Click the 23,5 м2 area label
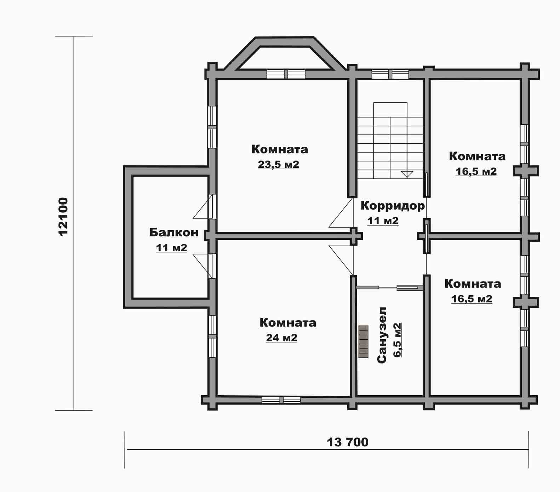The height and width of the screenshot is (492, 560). pos(278,164)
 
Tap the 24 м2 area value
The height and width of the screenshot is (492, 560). pos(281,338)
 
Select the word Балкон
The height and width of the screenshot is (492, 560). pos(174,232)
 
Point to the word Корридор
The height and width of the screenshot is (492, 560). pos(393,205)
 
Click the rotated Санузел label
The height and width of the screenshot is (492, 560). pos(382,335)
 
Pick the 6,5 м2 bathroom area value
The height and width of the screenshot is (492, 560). pos(398,340)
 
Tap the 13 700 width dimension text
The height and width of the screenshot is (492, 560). pos(347,442)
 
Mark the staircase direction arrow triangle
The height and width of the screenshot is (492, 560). pos(407,174)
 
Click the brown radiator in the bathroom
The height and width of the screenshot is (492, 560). pos(363,342)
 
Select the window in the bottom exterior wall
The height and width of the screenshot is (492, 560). pos(281,400)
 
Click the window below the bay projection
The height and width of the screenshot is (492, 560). pos(286,74)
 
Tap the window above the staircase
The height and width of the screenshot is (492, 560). pos(390,74)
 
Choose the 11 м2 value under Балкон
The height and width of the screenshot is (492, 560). pos(171,248)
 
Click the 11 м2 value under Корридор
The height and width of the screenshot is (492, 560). pos(383,221)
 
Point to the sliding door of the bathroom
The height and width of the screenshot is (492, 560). pos(390,288)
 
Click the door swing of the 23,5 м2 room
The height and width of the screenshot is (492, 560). pos(341,213)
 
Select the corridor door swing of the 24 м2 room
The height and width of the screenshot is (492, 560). pos(341,260)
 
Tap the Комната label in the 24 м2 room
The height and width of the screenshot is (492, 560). pos(288,323)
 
